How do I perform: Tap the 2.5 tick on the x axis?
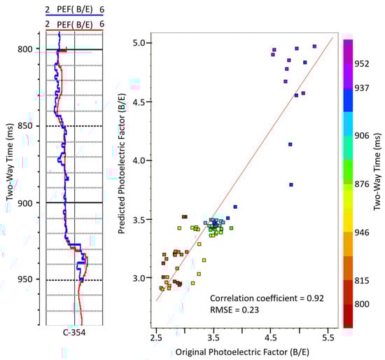tap(155, 337)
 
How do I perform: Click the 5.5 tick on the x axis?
tap(328, 337)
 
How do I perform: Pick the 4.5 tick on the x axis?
tap(271, 337)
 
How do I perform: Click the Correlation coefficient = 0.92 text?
tap(262, 297)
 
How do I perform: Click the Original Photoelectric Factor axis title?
tap(241, 350)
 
